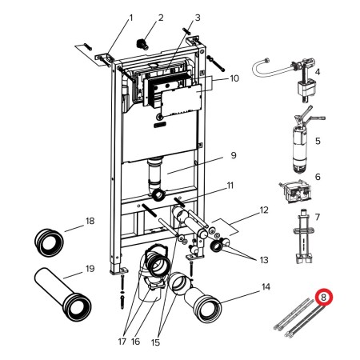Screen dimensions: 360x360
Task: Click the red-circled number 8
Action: click(x=324, y=298)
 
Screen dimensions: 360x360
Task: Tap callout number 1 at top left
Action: click(x=131, y=18)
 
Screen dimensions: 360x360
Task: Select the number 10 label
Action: click(x=234, y=78)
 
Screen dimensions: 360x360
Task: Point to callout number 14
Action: click(x=266, y=287)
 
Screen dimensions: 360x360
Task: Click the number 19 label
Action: click(x=90, y=268)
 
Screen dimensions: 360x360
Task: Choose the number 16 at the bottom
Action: click(x=135, y=342)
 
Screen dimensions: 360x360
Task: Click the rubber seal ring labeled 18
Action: click(x=49, y=242)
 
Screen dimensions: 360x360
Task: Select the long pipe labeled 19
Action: click(x=63, y=294)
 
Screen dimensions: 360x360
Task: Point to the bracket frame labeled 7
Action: click(x=304, y=236)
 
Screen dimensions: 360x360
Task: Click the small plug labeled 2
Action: click(x=142, y=44)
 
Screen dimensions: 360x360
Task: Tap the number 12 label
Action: click(x=264, y=210)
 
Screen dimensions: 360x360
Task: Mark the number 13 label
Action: click(x=264, y=259)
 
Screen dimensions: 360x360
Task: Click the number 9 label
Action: click(x=234, y=155)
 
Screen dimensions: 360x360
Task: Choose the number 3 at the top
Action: click(x=198, y=18)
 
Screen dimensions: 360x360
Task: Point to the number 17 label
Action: click(x=122, y=342)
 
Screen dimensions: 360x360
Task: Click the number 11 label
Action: click(x=230, y=186)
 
